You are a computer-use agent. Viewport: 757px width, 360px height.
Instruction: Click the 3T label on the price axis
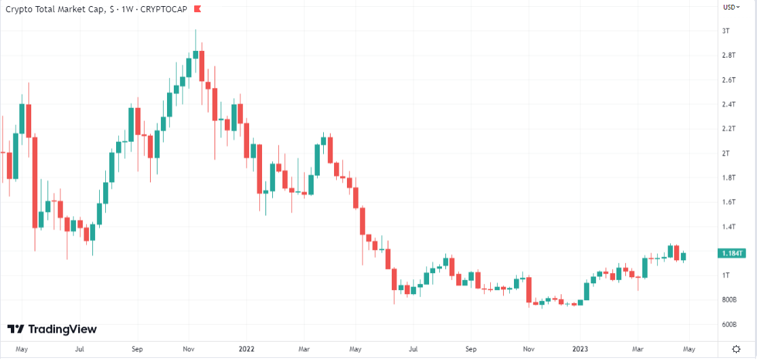726,31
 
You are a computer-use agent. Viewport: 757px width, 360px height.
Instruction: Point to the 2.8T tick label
728,55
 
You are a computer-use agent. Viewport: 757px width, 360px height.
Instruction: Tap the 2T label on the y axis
726,154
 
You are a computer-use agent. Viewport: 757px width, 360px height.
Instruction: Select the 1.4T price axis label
728,227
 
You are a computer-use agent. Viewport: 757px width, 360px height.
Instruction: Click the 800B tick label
729,300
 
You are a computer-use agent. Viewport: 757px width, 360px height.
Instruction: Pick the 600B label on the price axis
729,325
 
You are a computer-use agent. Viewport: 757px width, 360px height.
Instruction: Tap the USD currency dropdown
731,7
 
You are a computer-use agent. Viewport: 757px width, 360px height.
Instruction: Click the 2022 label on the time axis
246,348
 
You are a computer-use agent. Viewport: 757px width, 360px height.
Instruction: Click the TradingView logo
52,329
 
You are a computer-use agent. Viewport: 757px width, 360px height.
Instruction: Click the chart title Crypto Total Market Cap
55,9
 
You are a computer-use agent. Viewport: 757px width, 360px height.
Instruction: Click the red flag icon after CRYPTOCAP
197,9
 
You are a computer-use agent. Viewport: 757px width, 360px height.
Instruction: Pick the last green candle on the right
684,256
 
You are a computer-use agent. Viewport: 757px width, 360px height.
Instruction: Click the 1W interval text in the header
127,9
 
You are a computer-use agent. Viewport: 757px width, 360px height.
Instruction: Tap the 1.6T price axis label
728,202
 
